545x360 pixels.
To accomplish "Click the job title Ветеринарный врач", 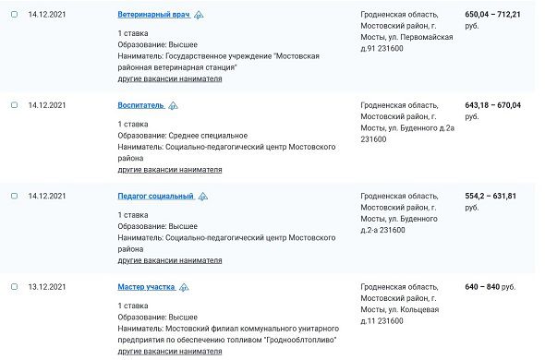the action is [154, 16].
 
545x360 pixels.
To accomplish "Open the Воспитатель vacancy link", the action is [140, 105].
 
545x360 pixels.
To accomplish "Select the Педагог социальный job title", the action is [155, 197].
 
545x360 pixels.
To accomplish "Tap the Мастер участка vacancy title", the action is [146, 287].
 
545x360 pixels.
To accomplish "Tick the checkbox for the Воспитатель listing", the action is [14, 105].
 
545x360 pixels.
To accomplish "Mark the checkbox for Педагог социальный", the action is [14, 197].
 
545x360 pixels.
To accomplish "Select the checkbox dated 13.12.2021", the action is [14, 287].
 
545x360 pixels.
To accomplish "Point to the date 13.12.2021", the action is [47, 287].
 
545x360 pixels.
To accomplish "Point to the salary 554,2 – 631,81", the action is [490, 196].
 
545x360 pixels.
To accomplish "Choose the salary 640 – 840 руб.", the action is [490, 287].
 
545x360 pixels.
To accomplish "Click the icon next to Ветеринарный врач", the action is [200, 16].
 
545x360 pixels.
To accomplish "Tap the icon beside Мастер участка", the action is [184, 287].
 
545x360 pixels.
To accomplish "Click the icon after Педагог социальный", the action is [202, 197].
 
